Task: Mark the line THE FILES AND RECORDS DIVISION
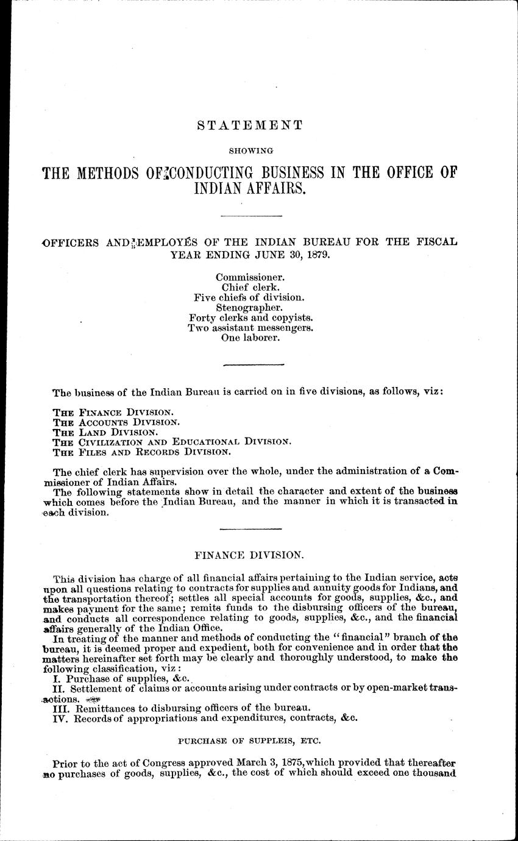point(141,452)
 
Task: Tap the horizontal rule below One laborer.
point(254,364)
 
